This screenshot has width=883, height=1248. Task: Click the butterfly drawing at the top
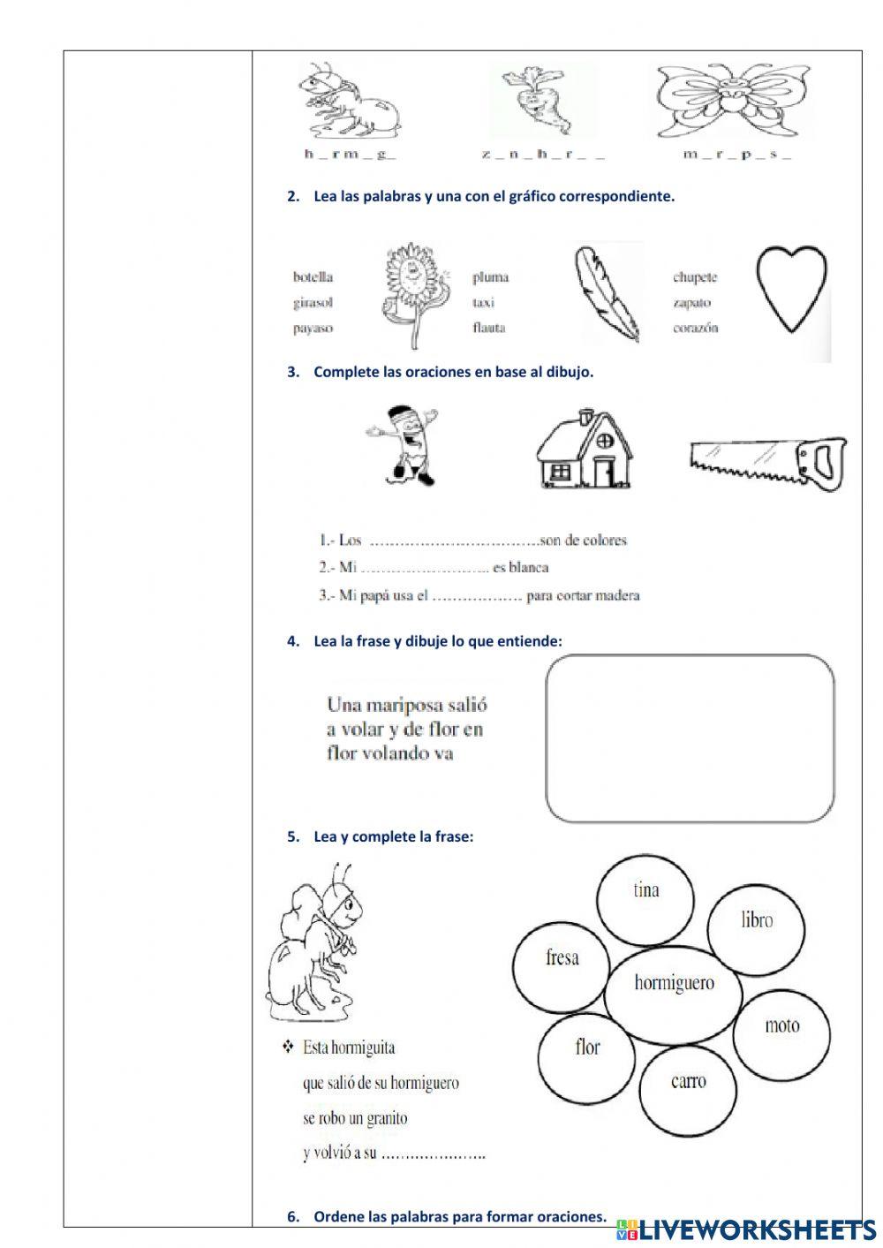[x=723, y=99]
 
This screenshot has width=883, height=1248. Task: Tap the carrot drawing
[x=537, y=99]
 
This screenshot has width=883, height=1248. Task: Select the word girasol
[x=313, y=302]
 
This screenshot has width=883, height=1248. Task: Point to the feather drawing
[x=608, y=294]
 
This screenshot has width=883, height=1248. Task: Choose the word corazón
[x=695, y=328]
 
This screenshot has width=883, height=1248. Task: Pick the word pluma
[x=490, y=277]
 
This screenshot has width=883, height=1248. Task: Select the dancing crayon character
[x=404, y=446]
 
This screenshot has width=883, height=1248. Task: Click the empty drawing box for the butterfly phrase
[x=690, y=738]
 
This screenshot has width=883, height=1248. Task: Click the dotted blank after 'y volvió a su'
[x=434, y=1154]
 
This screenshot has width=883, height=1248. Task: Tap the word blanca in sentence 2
[x=528, y=567]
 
